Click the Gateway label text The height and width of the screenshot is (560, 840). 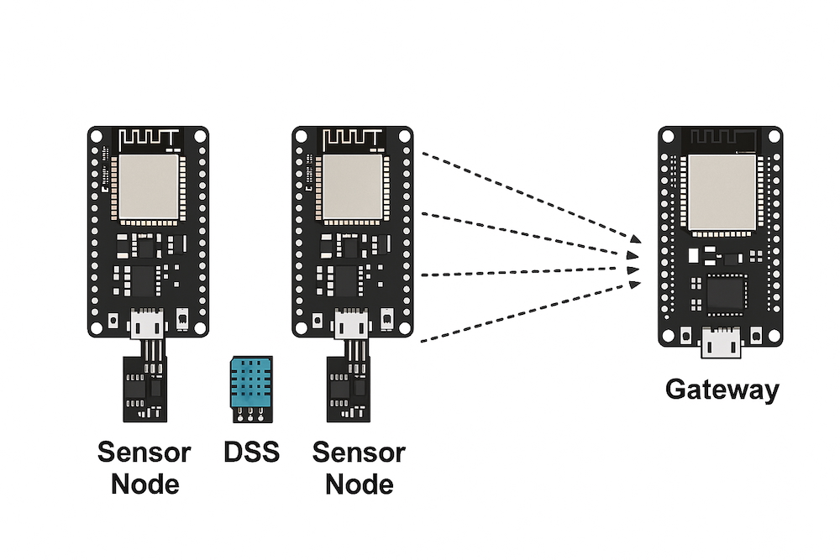(x=722, y=390)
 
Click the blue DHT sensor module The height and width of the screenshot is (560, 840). (x=250, y=383)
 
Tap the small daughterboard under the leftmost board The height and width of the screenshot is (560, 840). (x=144, y=389)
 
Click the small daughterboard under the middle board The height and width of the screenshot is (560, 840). (x=348, y=389)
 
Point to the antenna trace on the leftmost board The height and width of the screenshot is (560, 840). (x=150, y=138)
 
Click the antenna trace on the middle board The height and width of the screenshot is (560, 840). (x=353, y=138)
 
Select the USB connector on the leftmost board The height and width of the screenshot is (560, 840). (x=148, y=323)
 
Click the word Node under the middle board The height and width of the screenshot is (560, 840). (x=359, y=484)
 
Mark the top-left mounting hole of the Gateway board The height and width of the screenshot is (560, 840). (x=669, y=137)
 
